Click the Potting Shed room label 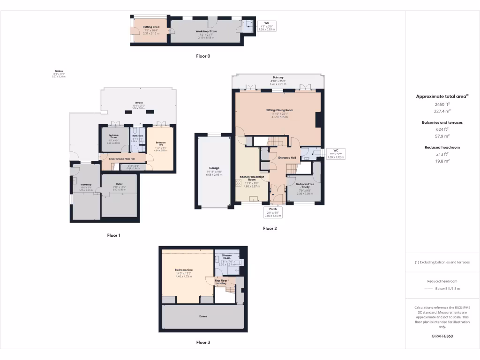tap(151, 27)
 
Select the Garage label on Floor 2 tap(214, 168)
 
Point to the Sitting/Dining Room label tap(279, 110)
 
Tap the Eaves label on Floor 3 tap(202, 316)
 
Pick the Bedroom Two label tap(161, 143)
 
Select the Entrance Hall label tap(287, 158)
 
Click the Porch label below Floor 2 tap(273, 209)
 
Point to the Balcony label tap(278, 77)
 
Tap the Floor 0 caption tap(203, 56)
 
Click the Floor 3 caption tap(203, 343)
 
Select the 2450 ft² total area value tap(442, 104)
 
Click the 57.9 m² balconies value tap(442, 136)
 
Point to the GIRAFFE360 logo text tap(442, 336)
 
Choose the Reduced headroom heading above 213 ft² tap(442, 147)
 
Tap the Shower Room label tap(227, 257)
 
